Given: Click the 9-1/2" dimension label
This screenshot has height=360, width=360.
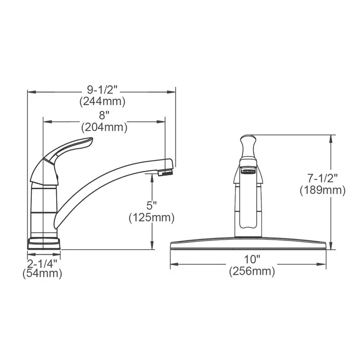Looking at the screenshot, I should [102, 90].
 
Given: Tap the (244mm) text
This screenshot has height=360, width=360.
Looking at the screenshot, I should [102, 101].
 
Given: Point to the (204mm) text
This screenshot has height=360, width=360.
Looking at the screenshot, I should [104, 127].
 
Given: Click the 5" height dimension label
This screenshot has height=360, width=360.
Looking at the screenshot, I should [152, 205].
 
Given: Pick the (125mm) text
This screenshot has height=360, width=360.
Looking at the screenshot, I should [152, 217].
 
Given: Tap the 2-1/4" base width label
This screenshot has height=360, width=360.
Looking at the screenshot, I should [42, 263].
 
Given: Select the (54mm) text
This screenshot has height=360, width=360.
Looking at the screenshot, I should [42, 274].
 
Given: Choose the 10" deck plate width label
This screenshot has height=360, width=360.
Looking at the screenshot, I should [252, 260].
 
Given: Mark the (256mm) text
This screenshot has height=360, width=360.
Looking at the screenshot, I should [252, 272].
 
